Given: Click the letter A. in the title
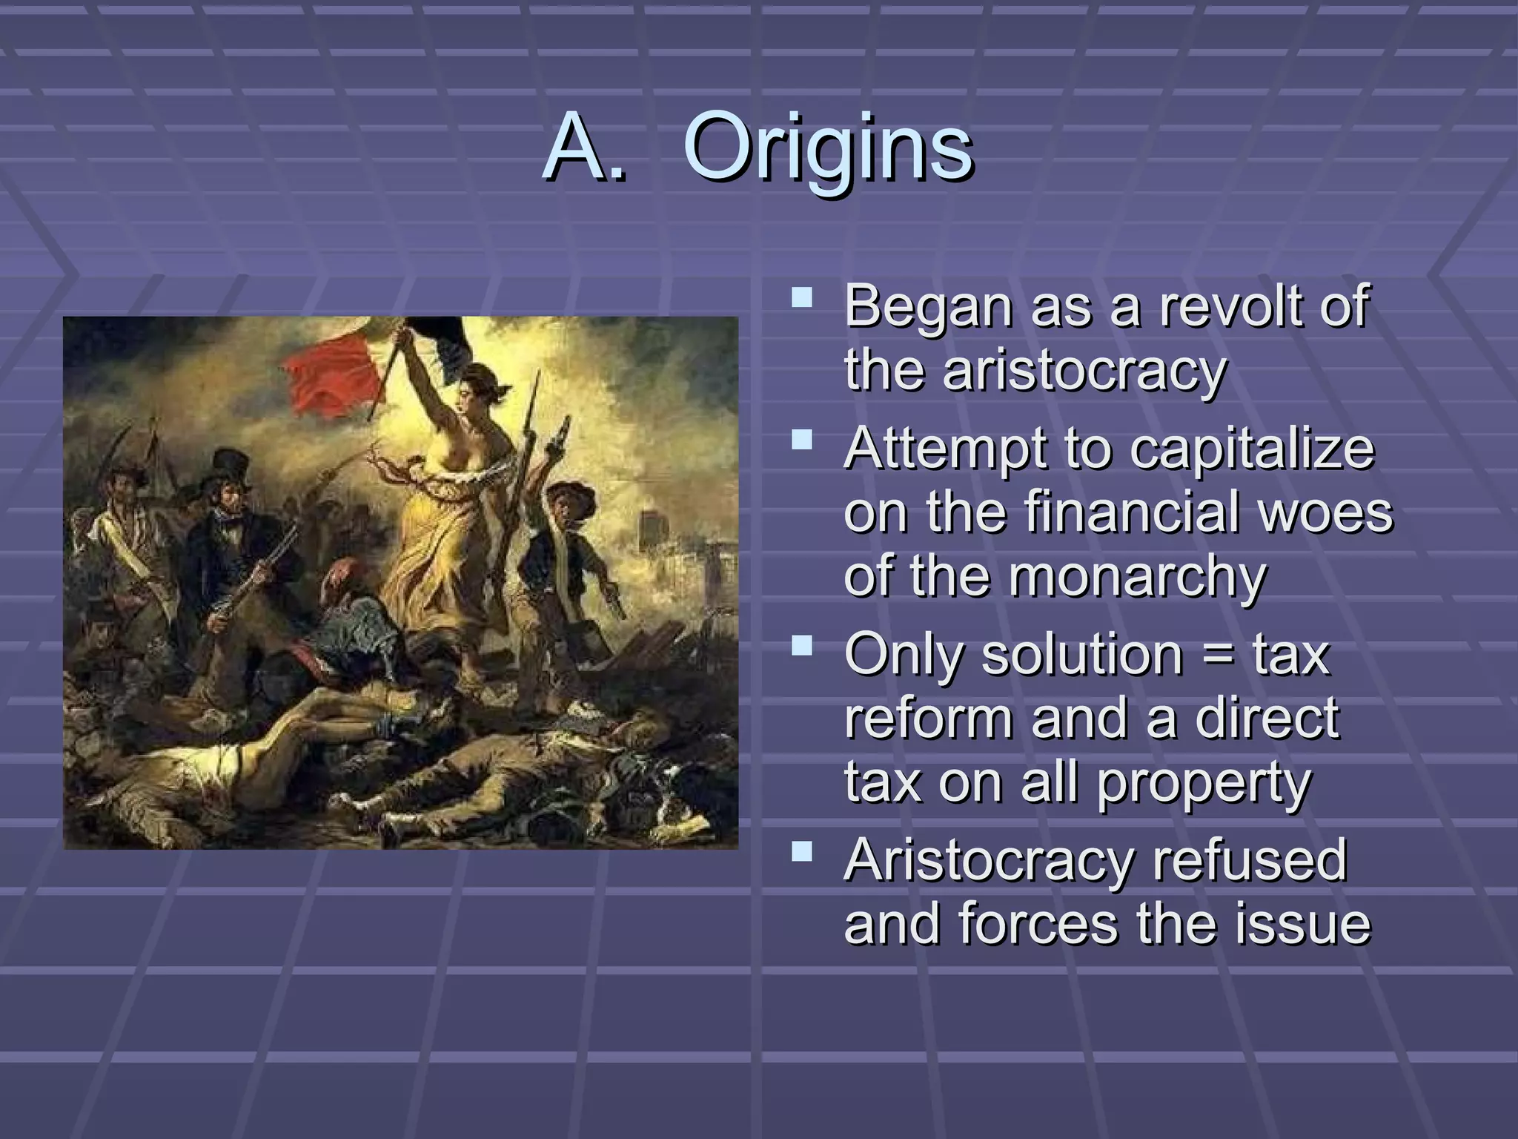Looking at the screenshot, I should click(x=585, y=148).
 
